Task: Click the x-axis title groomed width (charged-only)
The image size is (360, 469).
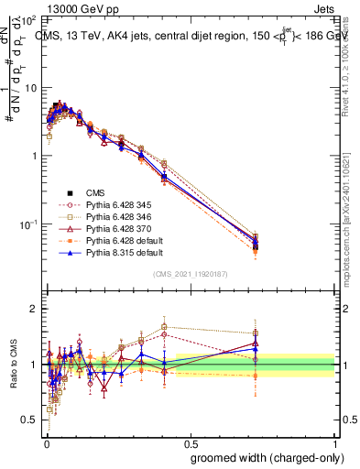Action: (x=263, y=456)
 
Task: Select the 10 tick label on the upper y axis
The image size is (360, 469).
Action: (x=30, y=88)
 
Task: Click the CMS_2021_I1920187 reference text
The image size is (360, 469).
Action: (x=190, y=275)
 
